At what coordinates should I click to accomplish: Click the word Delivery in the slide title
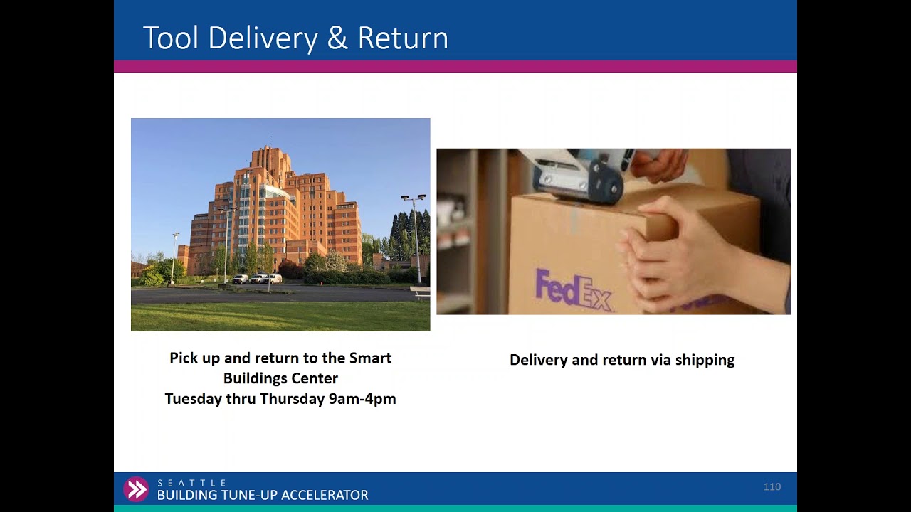click(263, 38)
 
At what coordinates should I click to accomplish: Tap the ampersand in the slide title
click(337, 38)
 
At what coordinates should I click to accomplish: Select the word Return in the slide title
click(403, 38)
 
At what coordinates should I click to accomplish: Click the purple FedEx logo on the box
click(574, 289)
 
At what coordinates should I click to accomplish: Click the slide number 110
click(772, 487)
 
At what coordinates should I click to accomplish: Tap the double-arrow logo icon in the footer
click(136, 489)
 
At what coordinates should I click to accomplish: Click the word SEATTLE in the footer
click(191, 483)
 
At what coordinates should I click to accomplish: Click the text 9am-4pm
click(362, 399)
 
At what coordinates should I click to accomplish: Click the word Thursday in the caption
click(292, 399)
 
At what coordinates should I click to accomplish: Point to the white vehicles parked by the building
click(257, 279)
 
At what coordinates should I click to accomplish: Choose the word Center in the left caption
click(314, 378)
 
